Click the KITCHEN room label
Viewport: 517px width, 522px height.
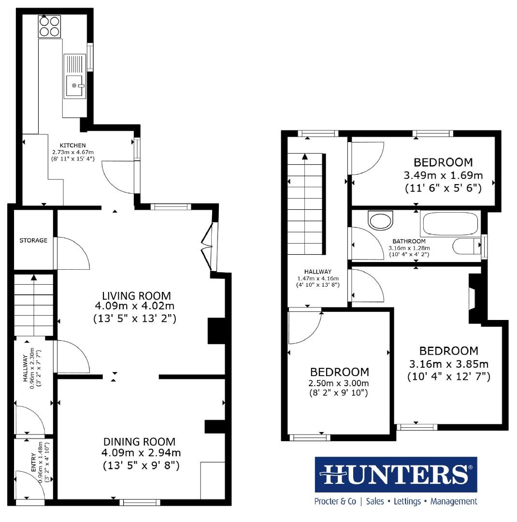tap(72, 145)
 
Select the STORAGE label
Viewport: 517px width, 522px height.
tap(33, 240)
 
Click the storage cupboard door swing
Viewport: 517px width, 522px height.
tap(72, 254)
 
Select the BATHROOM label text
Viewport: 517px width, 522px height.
tap(409, 241)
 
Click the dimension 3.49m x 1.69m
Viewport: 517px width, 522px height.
tap(443, 175)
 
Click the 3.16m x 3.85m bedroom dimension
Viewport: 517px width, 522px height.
tap(448, 364)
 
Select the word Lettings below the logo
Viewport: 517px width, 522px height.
tap(407, 501)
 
